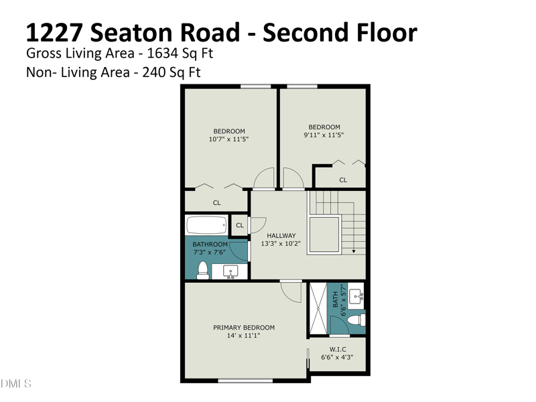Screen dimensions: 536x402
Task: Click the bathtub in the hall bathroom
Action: point(207,224)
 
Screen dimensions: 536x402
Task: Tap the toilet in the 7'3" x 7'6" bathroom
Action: point(203,270)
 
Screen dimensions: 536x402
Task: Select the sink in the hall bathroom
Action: point(230,272)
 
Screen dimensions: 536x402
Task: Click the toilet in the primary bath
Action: point(356,320)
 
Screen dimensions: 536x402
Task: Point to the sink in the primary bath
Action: point(356,295)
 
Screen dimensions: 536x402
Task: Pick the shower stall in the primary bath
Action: point(318,308)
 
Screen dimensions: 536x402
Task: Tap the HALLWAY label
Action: point(281,236)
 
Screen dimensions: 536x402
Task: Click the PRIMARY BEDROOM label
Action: point(244,328)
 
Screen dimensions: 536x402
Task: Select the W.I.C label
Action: point(338,349)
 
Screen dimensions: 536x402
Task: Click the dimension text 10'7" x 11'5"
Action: point(228,139)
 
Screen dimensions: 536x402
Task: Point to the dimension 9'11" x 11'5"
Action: point(324,135)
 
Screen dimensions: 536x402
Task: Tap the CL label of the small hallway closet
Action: point(240,225)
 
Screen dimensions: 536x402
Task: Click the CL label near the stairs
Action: point(343,180)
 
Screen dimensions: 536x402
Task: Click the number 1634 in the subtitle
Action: point(162,54)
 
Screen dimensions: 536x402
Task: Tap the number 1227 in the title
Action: point(55,33)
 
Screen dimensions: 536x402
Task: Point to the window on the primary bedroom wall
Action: point(245,381)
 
